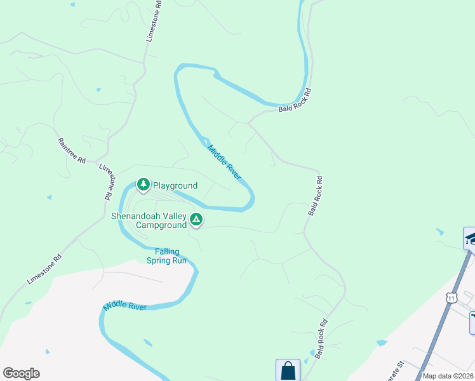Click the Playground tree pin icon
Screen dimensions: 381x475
144,184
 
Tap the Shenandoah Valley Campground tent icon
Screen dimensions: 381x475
196,220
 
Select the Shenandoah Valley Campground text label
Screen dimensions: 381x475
149,220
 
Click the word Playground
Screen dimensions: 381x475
175,186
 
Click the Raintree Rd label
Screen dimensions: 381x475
72,151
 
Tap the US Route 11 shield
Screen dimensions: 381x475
450,297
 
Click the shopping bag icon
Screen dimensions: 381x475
288,370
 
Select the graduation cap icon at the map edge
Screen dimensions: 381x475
470,239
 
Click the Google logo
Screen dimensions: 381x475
21,373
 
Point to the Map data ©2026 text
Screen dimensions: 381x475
447,375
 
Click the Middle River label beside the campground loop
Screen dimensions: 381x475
224,161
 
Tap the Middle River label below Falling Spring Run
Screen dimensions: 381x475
125,306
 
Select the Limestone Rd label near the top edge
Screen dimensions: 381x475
154,21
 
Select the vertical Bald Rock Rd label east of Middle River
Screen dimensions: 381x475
316,196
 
